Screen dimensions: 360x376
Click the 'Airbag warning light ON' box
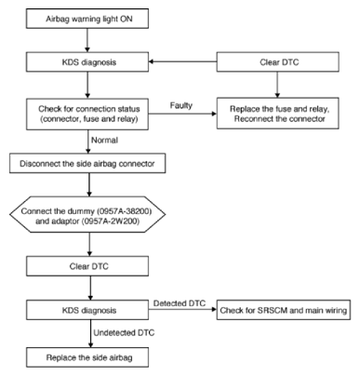click(87, 19)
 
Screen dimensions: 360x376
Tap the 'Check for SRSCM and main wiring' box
click(284, 310)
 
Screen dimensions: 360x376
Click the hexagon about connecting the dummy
click(87, 214)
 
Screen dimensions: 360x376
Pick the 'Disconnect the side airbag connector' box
click(87, 163)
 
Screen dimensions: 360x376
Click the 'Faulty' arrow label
click(181, 105)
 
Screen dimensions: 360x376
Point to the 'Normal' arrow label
click(104, 141)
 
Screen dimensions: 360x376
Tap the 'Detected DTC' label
click(180, 303)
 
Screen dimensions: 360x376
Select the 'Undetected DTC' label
click(124, 333)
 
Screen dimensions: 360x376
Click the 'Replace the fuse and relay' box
click(277, 114)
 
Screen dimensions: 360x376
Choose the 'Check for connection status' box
click(87, 114)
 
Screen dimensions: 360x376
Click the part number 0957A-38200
click(125, 211)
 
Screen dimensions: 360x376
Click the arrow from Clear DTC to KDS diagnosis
click(182, 61)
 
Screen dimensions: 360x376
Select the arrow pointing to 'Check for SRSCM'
click(182, 309)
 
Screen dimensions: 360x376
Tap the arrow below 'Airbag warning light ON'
click(87, 40)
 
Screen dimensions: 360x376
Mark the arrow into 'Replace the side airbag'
click(90, 333)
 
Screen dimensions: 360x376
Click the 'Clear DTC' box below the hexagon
click(87, 266)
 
